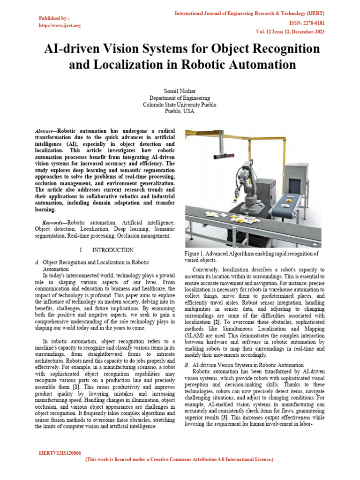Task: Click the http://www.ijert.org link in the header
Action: click(x=60, y=25)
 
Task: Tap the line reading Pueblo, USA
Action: click(x=180, y=112)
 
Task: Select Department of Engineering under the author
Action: click(x=180, y=97)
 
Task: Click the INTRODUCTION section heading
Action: click(x=112, y=250)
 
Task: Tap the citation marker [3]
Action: click(x=225, y=417)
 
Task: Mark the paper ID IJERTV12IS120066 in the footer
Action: click(x=60, y=453)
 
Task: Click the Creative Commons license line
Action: click(x=180, y=460)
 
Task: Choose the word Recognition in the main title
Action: click(x=267, y=48)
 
